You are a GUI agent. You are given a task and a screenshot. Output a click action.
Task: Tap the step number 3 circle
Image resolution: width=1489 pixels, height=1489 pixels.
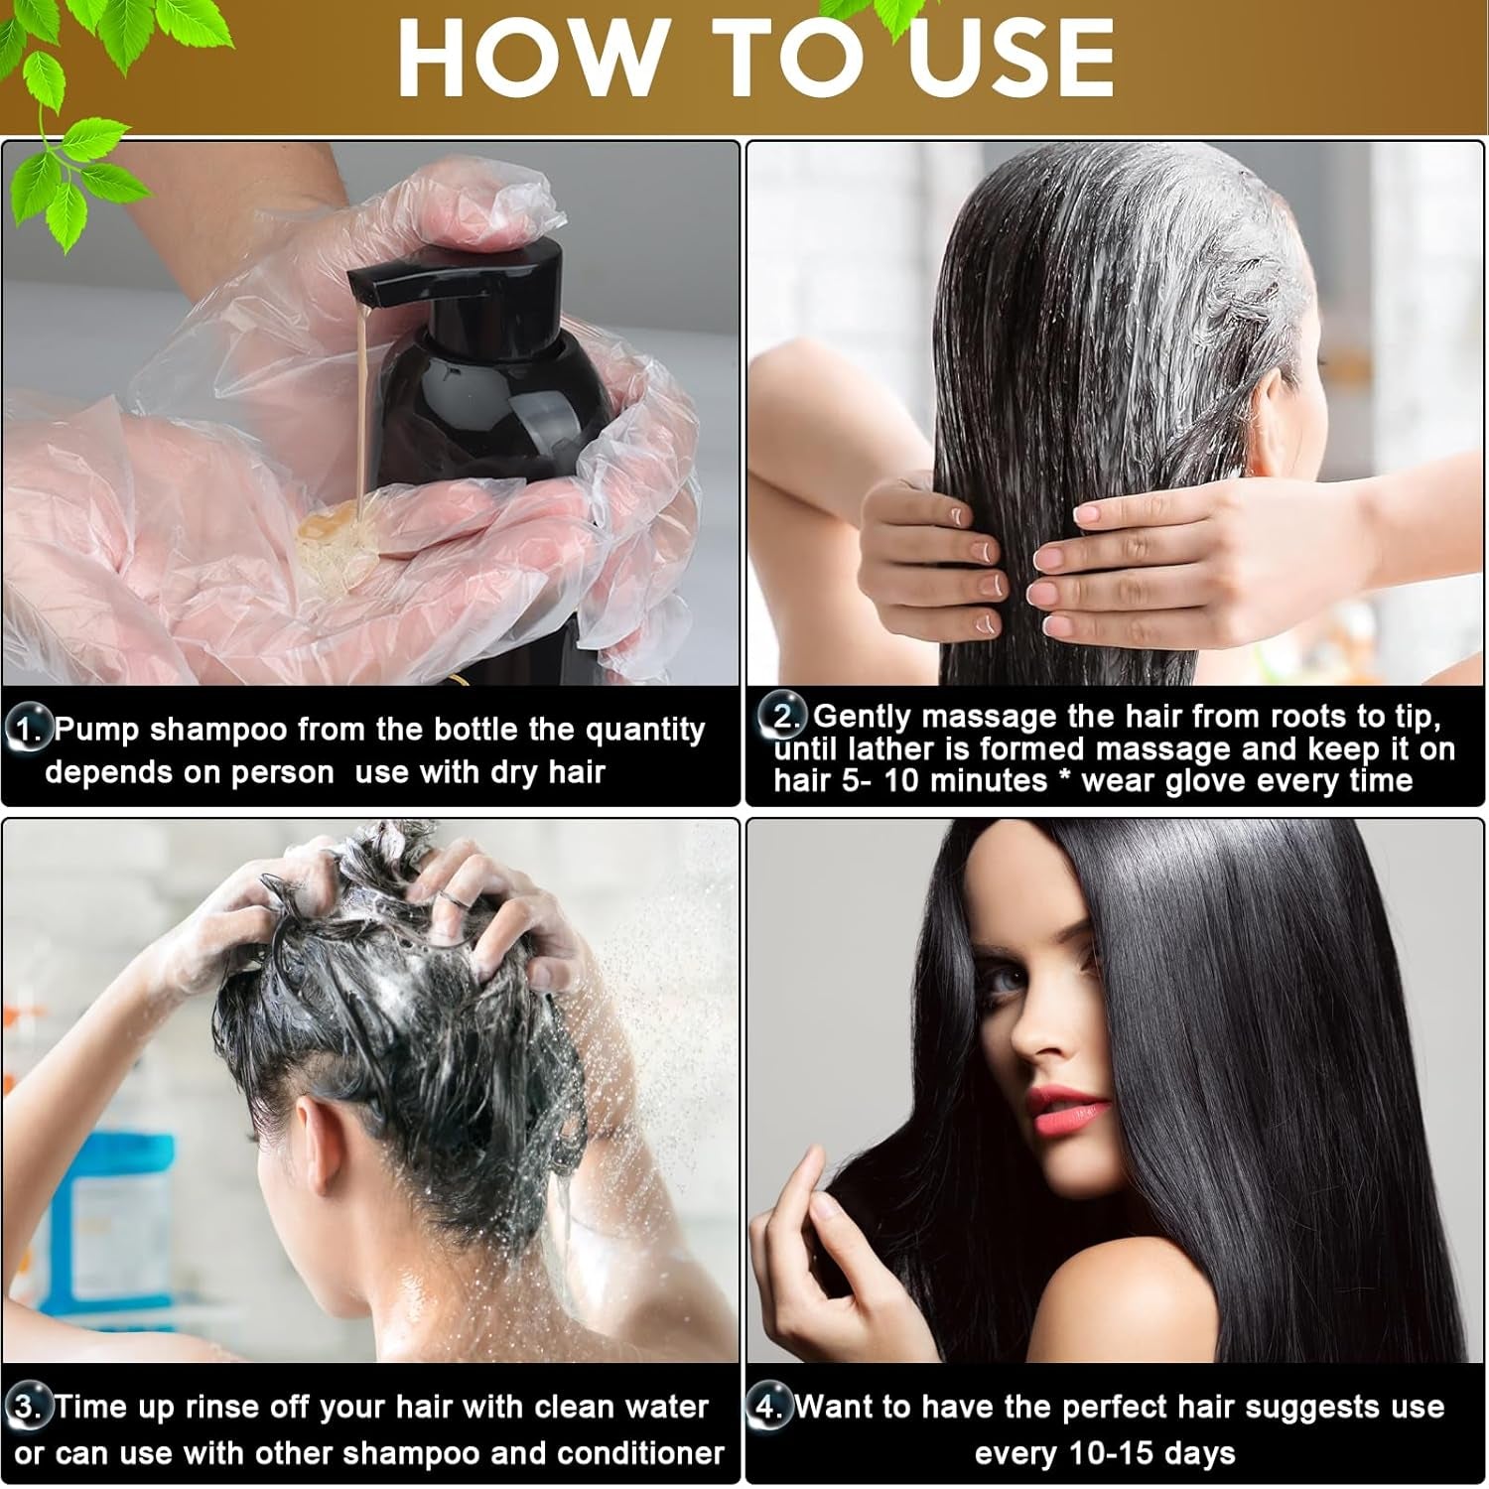29,1408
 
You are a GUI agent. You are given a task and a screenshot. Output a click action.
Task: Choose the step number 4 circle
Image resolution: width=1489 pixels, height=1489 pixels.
770,1408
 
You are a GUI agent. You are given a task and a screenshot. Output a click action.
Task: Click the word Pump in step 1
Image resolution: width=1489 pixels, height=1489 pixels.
97,730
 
